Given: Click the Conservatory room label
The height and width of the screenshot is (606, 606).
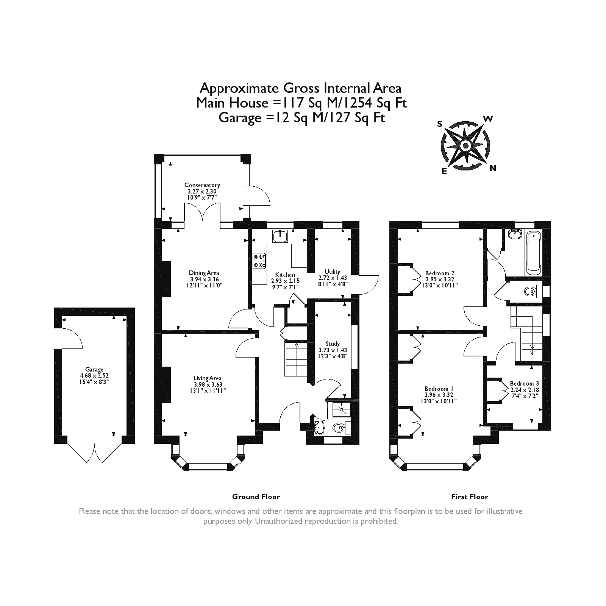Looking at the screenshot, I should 202,185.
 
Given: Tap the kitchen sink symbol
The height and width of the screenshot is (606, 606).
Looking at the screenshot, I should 280,236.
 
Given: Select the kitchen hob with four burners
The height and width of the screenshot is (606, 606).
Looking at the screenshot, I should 259,261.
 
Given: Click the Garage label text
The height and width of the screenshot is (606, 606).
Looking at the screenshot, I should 94,370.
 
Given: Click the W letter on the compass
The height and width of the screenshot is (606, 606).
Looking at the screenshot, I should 488,119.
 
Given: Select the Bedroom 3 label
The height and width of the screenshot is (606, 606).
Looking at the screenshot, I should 524,383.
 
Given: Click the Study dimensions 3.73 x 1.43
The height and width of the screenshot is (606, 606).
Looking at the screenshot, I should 333,350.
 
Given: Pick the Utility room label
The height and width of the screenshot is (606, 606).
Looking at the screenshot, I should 333,272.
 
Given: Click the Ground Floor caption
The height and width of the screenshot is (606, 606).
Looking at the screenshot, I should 256,497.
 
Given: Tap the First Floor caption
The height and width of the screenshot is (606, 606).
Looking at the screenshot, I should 470,497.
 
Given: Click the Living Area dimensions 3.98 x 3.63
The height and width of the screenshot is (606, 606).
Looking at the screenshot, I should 207,384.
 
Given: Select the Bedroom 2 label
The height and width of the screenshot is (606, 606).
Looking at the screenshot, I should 440,273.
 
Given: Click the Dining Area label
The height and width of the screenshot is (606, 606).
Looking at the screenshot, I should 204,273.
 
